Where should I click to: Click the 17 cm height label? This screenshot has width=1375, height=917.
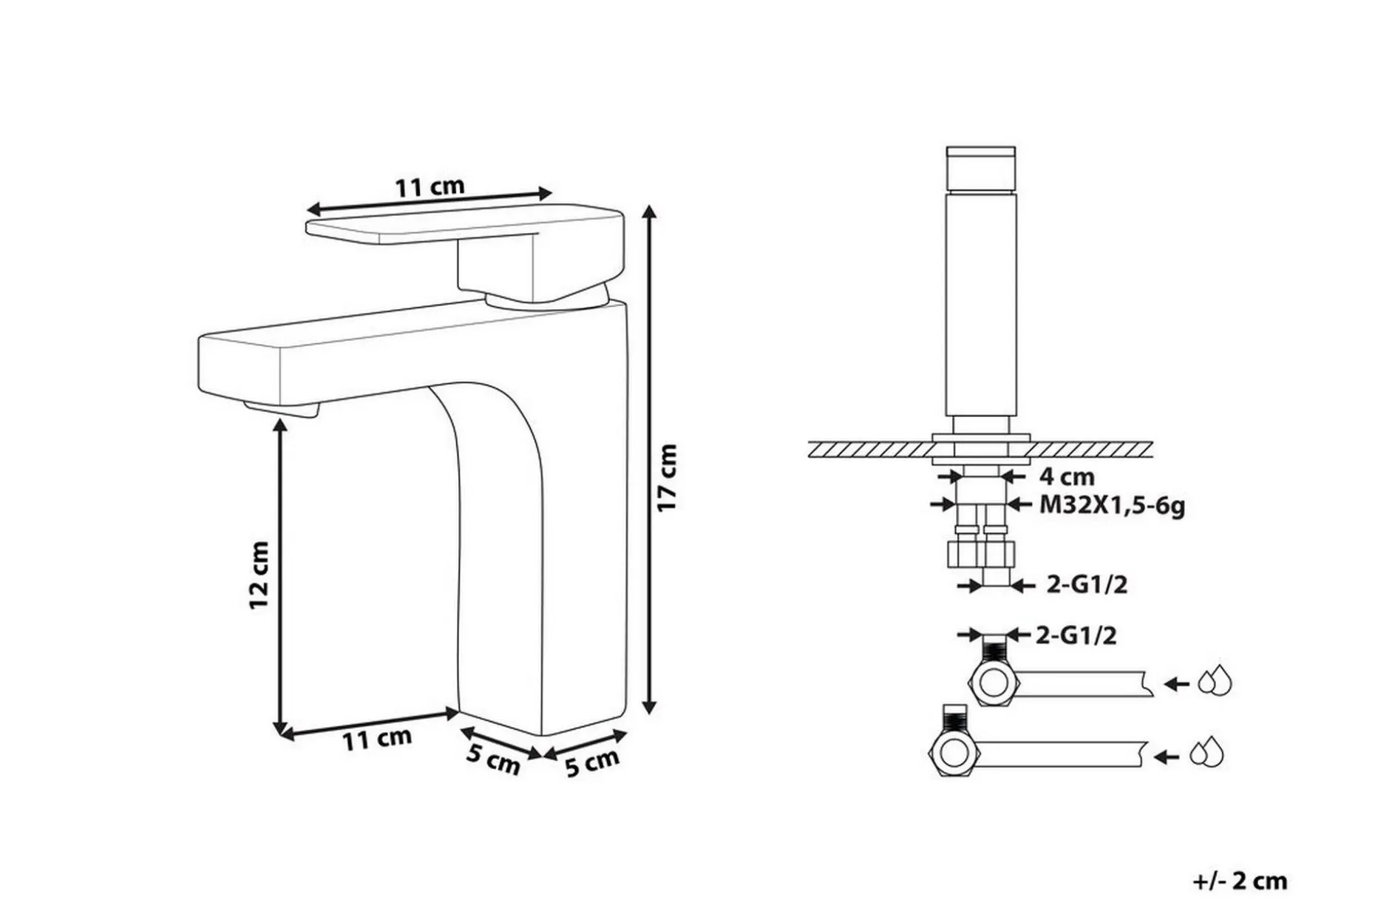pos(668,477)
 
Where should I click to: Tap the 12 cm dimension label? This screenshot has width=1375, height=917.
pos(259,575)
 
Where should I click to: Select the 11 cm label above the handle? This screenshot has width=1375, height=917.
pos(430,186)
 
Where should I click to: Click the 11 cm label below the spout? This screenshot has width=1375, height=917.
pos(376,738)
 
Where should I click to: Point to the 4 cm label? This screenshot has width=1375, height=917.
pos(1067,477)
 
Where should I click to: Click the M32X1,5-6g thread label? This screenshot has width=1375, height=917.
pos(1113,506)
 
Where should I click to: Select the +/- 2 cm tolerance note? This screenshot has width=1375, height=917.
pos(1240,881)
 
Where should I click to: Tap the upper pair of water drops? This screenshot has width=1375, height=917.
pos(1215,682)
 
